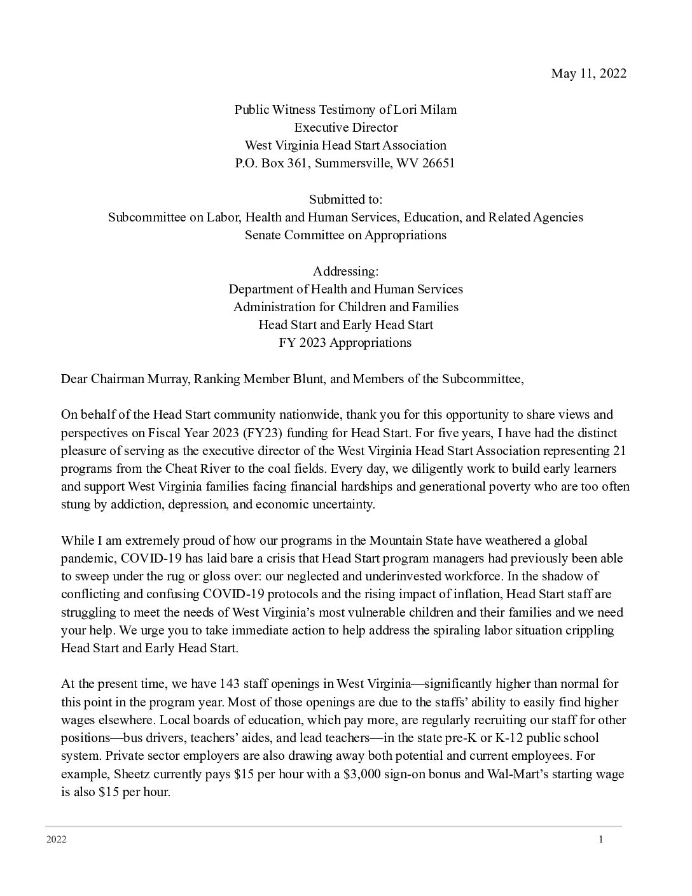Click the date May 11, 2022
click(588, 73)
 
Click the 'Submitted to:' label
click(345, 199)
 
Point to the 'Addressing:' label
click(345, 271)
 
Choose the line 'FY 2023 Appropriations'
click(345, 342)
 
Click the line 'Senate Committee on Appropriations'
click(345, 235)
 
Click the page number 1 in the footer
click(600, 839)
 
